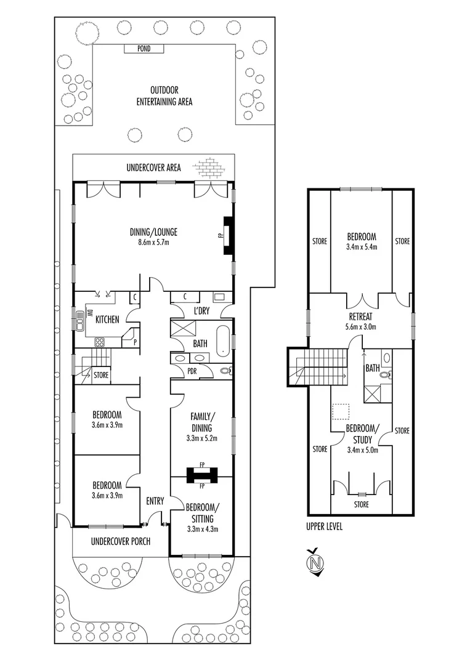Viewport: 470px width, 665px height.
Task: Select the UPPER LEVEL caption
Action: coord(324,527)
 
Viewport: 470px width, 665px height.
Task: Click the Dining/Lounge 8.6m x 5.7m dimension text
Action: coord(153,243)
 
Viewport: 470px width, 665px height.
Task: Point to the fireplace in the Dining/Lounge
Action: coord(228,235)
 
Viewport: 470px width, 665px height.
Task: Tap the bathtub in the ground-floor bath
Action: coord(222,342)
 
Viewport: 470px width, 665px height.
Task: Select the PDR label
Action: coord(192,371)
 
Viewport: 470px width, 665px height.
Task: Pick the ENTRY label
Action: coord(155,501)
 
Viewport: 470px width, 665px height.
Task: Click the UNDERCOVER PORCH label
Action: coord(120,542)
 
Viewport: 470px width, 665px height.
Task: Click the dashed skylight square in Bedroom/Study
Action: coord(341,411)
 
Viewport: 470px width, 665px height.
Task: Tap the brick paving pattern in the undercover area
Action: coord(208,167)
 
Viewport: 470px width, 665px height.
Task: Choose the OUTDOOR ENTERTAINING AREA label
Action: coord(164,96)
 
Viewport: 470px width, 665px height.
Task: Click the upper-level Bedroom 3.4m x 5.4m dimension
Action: coord(361,247)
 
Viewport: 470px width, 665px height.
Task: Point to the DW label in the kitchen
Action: coord(88,313)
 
